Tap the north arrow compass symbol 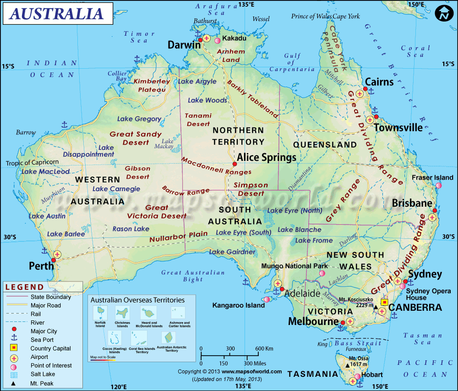[443, 13]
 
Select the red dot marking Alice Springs [234, 164]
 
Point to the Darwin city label [184, 45]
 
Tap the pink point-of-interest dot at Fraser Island [439, 185]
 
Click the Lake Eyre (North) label [294, 211]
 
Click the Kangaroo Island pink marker [267, 300]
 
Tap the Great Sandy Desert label [136, 138]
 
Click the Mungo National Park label [294, 266]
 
